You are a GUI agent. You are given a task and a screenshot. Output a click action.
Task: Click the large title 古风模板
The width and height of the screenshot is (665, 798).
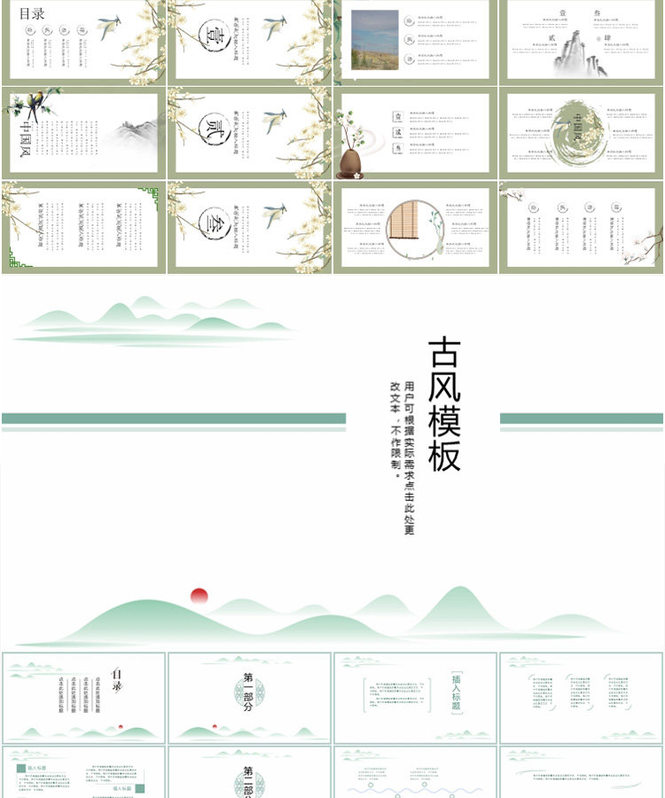tap(445, 403)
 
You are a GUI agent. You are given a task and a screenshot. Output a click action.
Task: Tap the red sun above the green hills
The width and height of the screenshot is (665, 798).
tap(199, 596)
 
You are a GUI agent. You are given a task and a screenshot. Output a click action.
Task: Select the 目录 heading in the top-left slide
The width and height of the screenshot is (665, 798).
tap(32, 14)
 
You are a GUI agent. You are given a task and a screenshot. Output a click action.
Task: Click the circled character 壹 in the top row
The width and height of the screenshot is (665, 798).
tap(213, 36)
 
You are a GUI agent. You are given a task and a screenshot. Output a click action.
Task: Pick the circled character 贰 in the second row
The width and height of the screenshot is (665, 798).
tap(213, 129)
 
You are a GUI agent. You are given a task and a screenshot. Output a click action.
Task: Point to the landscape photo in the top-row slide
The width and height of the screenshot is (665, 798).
tap(374, 40)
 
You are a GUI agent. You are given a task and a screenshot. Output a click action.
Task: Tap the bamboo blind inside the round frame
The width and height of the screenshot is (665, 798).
tap(409, 229)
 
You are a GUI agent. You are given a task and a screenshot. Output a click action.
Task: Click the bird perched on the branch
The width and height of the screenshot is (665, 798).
tap(35, 106)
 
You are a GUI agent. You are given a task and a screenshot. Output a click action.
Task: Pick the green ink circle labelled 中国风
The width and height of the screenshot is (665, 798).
tap(580, 134)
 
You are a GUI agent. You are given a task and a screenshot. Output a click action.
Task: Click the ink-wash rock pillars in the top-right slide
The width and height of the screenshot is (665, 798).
tap(577, 53)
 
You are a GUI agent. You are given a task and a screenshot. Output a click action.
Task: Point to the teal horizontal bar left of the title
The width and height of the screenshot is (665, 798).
tap(174, 419)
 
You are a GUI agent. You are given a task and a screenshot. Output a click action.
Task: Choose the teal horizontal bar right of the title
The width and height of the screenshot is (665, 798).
tap(581, 419)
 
